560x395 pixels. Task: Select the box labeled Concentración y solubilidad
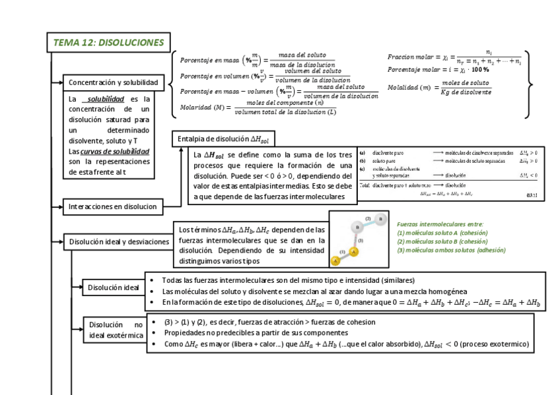point(113,82)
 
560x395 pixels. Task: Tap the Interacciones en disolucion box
point(113,207)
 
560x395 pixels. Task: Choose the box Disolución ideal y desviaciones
point(119,242)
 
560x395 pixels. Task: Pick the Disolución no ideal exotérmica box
point(116,330)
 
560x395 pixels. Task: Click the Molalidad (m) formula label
point(408,87)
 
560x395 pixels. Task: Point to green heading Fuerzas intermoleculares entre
point(440,224)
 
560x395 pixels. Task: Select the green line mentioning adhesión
point(451,251)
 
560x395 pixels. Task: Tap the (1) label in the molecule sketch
point(342,252)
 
